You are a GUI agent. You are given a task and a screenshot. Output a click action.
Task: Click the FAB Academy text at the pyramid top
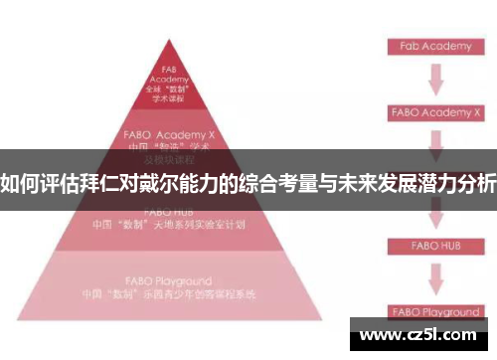pos(168,76)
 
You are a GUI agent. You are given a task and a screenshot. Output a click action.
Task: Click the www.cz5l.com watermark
pos(418,334)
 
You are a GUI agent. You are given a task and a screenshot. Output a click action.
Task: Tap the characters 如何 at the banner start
pos(19,184)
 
